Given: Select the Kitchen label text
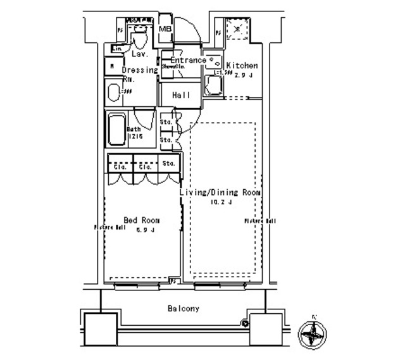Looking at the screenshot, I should [242, 66].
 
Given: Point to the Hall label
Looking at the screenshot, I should [182, 95].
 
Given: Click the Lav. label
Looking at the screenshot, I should [140, 55].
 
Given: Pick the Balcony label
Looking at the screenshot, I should [184, 309].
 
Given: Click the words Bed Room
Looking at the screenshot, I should [141, 220].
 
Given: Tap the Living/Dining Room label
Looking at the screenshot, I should [220, 192].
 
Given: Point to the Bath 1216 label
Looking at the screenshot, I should [135, 132].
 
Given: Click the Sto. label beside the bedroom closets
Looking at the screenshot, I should [168, 164].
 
